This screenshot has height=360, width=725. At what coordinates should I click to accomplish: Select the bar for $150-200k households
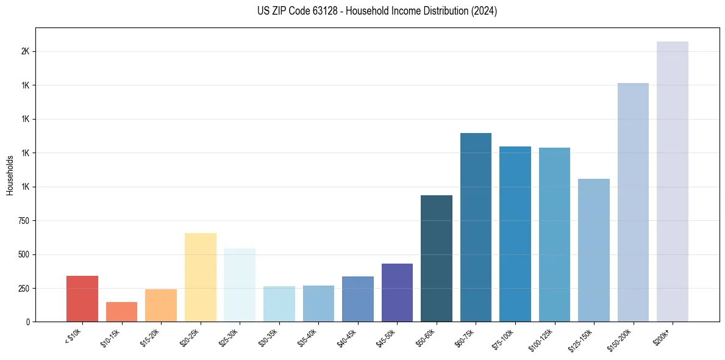tap(633, 202)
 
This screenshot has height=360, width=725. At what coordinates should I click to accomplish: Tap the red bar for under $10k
tap(82, 298)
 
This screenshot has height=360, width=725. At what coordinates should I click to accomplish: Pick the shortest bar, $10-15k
tap(121, 312)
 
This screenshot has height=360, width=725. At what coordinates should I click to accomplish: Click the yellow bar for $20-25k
tap(200, 277)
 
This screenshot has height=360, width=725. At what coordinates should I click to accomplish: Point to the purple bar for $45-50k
tap(397, 292)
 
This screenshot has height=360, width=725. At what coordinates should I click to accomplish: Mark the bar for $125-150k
tap(593, 250)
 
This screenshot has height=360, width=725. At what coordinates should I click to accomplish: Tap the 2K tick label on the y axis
tap(25, 52)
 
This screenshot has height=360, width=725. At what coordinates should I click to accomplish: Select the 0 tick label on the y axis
tap(27, 322)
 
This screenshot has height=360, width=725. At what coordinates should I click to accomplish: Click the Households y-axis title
tap(10, 175)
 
